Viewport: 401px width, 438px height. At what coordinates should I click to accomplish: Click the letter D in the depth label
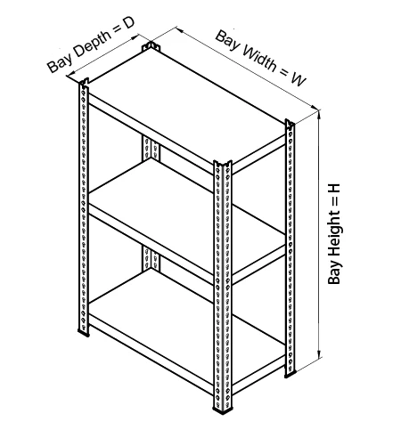click(128, 22)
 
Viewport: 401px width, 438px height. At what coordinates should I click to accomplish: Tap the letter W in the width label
click(298, 78)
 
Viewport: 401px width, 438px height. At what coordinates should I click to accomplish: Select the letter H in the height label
click(334, 190)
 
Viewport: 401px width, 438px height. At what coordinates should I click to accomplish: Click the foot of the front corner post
click(223, 410)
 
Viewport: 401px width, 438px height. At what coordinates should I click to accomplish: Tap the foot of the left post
click(84, 333)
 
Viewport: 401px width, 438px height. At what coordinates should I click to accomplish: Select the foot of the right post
click(290, 374)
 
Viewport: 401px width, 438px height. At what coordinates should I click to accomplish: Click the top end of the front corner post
click(223, 164)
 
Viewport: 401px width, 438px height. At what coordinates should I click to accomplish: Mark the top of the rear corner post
click(151, 46)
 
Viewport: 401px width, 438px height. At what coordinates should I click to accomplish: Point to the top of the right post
click(290, 123)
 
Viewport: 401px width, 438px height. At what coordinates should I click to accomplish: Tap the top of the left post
click(84, 82)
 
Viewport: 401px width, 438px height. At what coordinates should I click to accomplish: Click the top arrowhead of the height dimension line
click(319, 113)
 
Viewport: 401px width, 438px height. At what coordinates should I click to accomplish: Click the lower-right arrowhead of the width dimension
click(314, 107)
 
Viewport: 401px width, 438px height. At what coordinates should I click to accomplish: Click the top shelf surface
click(186, 108)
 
